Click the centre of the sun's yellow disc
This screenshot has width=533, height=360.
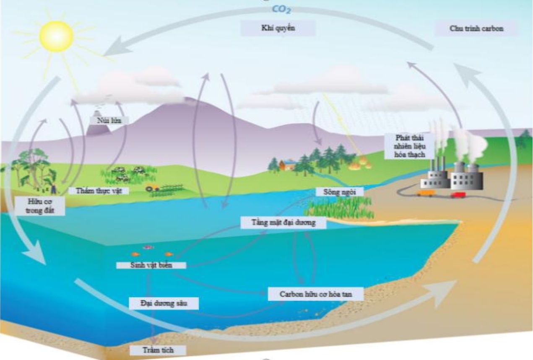tap(56, 36)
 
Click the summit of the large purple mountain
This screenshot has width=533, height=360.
tap(187, 98)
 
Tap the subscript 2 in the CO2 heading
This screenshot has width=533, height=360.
tap(288, 11)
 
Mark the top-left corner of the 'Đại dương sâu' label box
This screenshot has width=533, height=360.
tap(129, 298)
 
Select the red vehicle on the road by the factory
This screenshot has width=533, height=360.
tap(458, 195)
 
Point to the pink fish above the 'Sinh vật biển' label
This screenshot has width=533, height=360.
tap(148, 248)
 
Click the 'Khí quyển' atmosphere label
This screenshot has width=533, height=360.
tap(278, 28)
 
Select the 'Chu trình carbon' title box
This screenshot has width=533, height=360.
tap(476, 28)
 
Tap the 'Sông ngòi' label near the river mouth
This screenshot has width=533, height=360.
tap(340, 192)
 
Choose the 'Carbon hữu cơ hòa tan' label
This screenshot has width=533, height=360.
tap(315, 294)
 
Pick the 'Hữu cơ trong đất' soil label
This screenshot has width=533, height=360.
tap(40, 206)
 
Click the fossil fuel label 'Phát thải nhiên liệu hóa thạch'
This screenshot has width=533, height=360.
tap(410, 146)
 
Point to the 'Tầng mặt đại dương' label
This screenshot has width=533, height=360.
tap(283, 223)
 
